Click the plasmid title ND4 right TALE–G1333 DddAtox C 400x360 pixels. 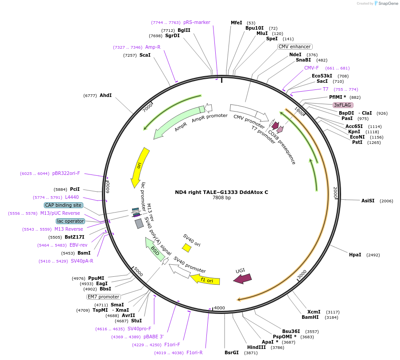[x=221, y=192]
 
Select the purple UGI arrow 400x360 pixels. [x=242, y=278]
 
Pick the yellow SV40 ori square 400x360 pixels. [x=186, y=248]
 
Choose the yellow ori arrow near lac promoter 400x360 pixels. [x=140, y=167]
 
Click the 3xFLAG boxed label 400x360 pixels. [x=342, y=105]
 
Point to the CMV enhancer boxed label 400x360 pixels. [x=295, y=46]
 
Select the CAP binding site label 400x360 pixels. [x=63, y=205]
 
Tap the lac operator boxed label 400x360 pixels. [x=70, y=221]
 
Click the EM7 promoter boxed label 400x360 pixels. [x=103, y=297]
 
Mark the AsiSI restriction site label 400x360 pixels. [x=368, y=201]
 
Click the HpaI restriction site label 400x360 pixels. [x=355, y=255]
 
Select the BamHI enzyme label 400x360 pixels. [x=310, y=317]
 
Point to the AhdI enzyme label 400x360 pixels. [x=105, y=95]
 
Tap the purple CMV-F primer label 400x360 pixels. [x=311, y=68]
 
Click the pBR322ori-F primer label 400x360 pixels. [x=66, y=173]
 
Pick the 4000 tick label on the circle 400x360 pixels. [x=220, y=308]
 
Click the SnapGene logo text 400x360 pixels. [x=388, y=4]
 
